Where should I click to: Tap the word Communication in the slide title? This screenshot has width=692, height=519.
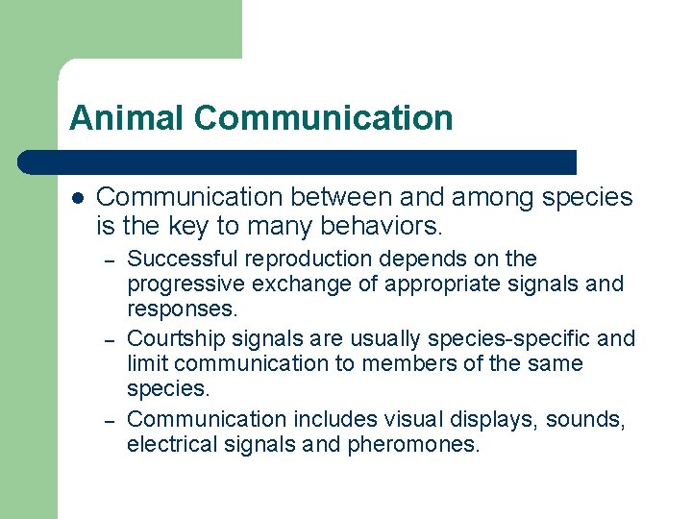coord(323,118)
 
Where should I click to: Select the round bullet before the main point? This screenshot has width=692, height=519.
coord(78,197)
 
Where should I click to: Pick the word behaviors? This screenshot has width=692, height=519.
coord(378,227)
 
